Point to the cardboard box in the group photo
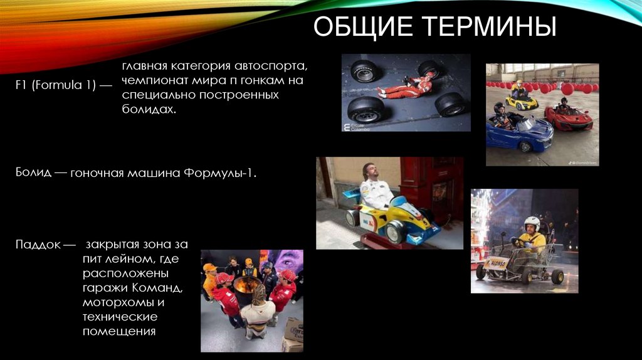[x=293, y=333]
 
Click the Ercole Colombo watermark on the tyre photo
[x=360, y=126]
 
